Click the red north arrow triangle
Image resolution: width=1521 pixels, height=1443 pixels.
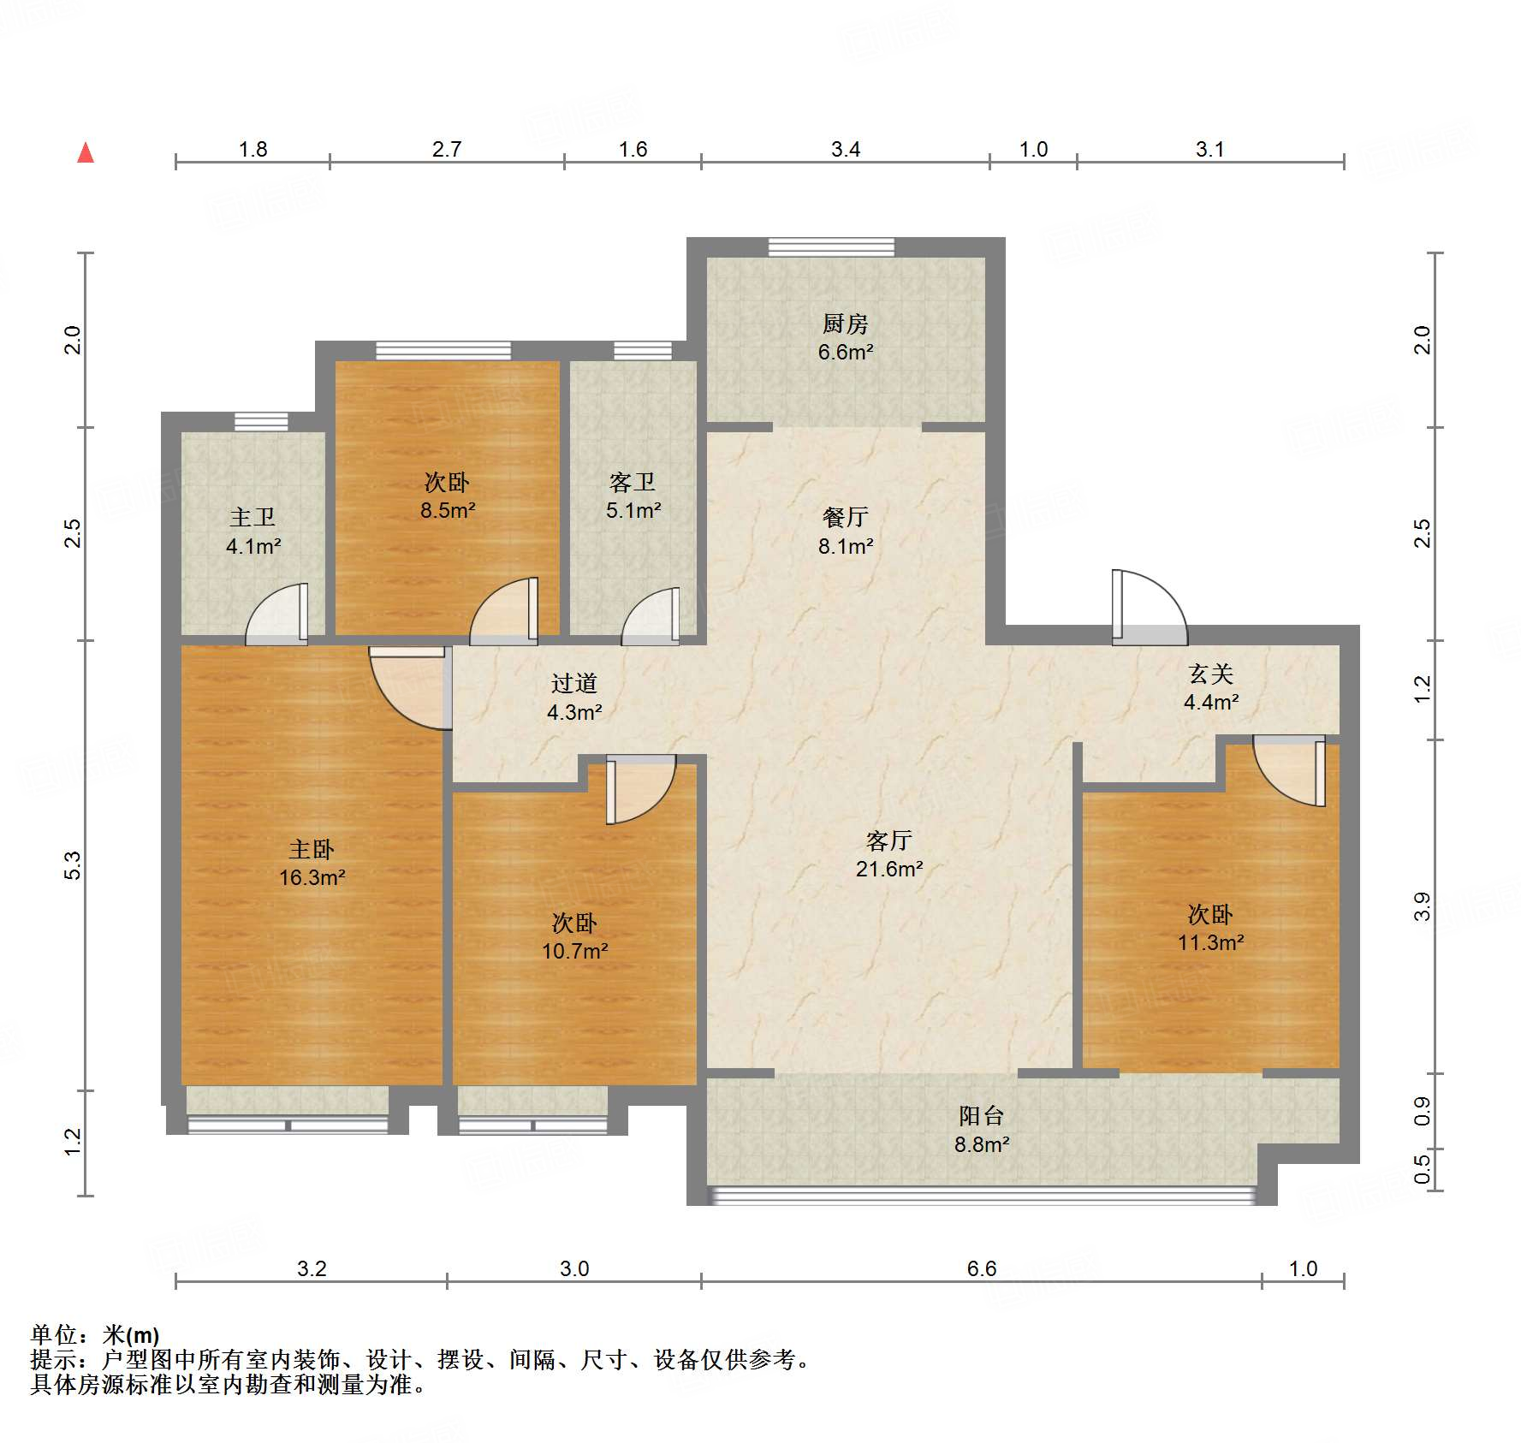pyautogui.click(x=86, y=153)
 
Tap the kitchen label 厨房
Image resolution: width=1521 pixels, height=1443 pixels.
pyautogui.click(x=845, y=324)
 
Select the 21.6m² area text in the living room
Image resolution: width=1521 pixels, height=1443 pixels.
pyautogui.click(x=888, y=869)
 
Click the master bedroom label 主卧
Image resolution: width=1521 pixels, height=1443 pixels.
pyautogui.click(x=311, y=849)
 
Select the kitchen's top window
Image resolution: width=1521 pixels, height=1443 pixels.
pyautogui.click(x=830, y=247)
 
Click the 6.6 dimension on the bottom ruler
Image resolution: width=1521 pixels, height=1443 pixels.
pyautogui.click(x=981, y=1268)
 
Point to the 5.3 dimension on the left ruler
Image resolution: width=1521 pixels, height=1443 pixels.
pyautogui.click(x=73, y=864)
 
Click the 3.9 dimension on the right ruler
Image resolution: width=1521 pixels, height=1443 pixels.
pyautogui.click(x=1422, y=906)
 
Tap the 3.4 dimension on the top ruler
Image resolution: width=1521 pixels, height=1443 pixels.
pyautogui.click(x=845, y=149)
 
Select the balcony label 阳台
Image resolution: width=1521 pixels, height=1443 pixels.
pyautogui.click(x=981, y=1115)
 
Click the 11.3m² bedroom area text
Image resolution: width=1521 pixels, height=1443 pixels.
pyautogui.click(x=1210, y=942)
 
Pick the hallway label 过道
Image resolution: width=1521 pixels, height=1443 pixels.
pyautogui.click(x=573, y=683)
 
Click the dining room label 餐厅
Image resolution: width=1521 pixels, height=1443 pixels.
pyautogui.click(x=845, y=517)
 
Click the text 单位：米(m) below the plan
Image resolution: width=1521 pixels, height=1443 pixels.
pyautogui.click(x=95, y=1334)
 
